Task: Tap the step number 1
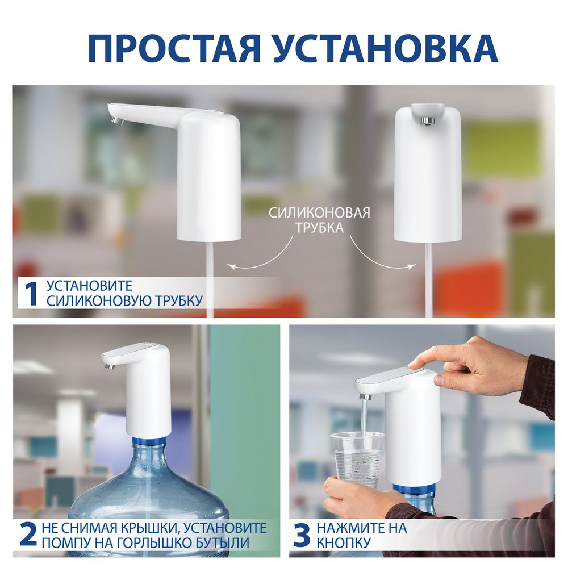click(x=30, y=293)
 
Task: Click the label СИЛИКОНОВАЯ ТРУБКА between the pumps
click(x=319, y=220)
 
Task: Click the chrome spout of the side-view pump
click(x=116, y=120)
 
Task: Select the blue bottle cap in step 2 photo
click(x=149, y=441)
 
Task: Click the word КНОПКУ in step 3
click(x=344, y=542)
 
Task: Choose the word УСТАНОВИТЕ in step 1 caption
click(x=90, y=286)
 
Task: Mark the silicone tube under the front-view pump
click(x=429, y=278)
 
